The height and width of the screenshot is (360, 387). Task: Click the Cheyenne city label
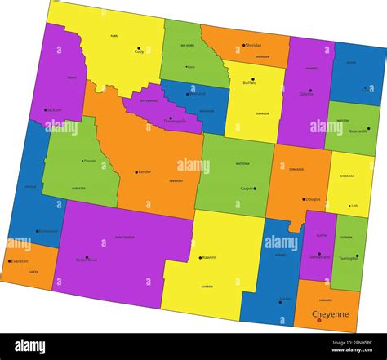coord(330,313)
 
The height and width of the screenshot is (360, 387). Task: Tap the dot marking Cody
coord(139,47)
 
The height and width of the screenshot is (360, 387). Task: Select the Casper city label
coord(246,189)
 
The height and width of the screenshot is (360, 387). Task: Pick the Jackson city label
coord(55,109)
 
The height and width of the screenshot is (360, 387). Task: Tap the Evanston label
coord(19,261)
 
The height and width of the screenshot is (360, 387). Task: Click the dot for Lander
coord(136,172)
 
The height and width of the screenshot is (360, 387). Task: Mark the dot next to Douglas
coord(300,198)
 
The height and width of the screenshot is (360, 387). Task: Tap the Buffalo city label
coord(249,82)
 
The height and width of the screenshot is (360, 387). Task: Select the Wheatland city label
coord(321,256)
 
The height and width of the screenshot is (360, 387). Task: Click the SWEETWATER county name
coord(125,238)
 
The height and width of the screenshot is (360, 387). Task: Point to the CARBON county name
coord(207,287)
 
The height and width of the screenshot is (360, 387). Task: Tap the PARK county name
coord(114,36)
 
